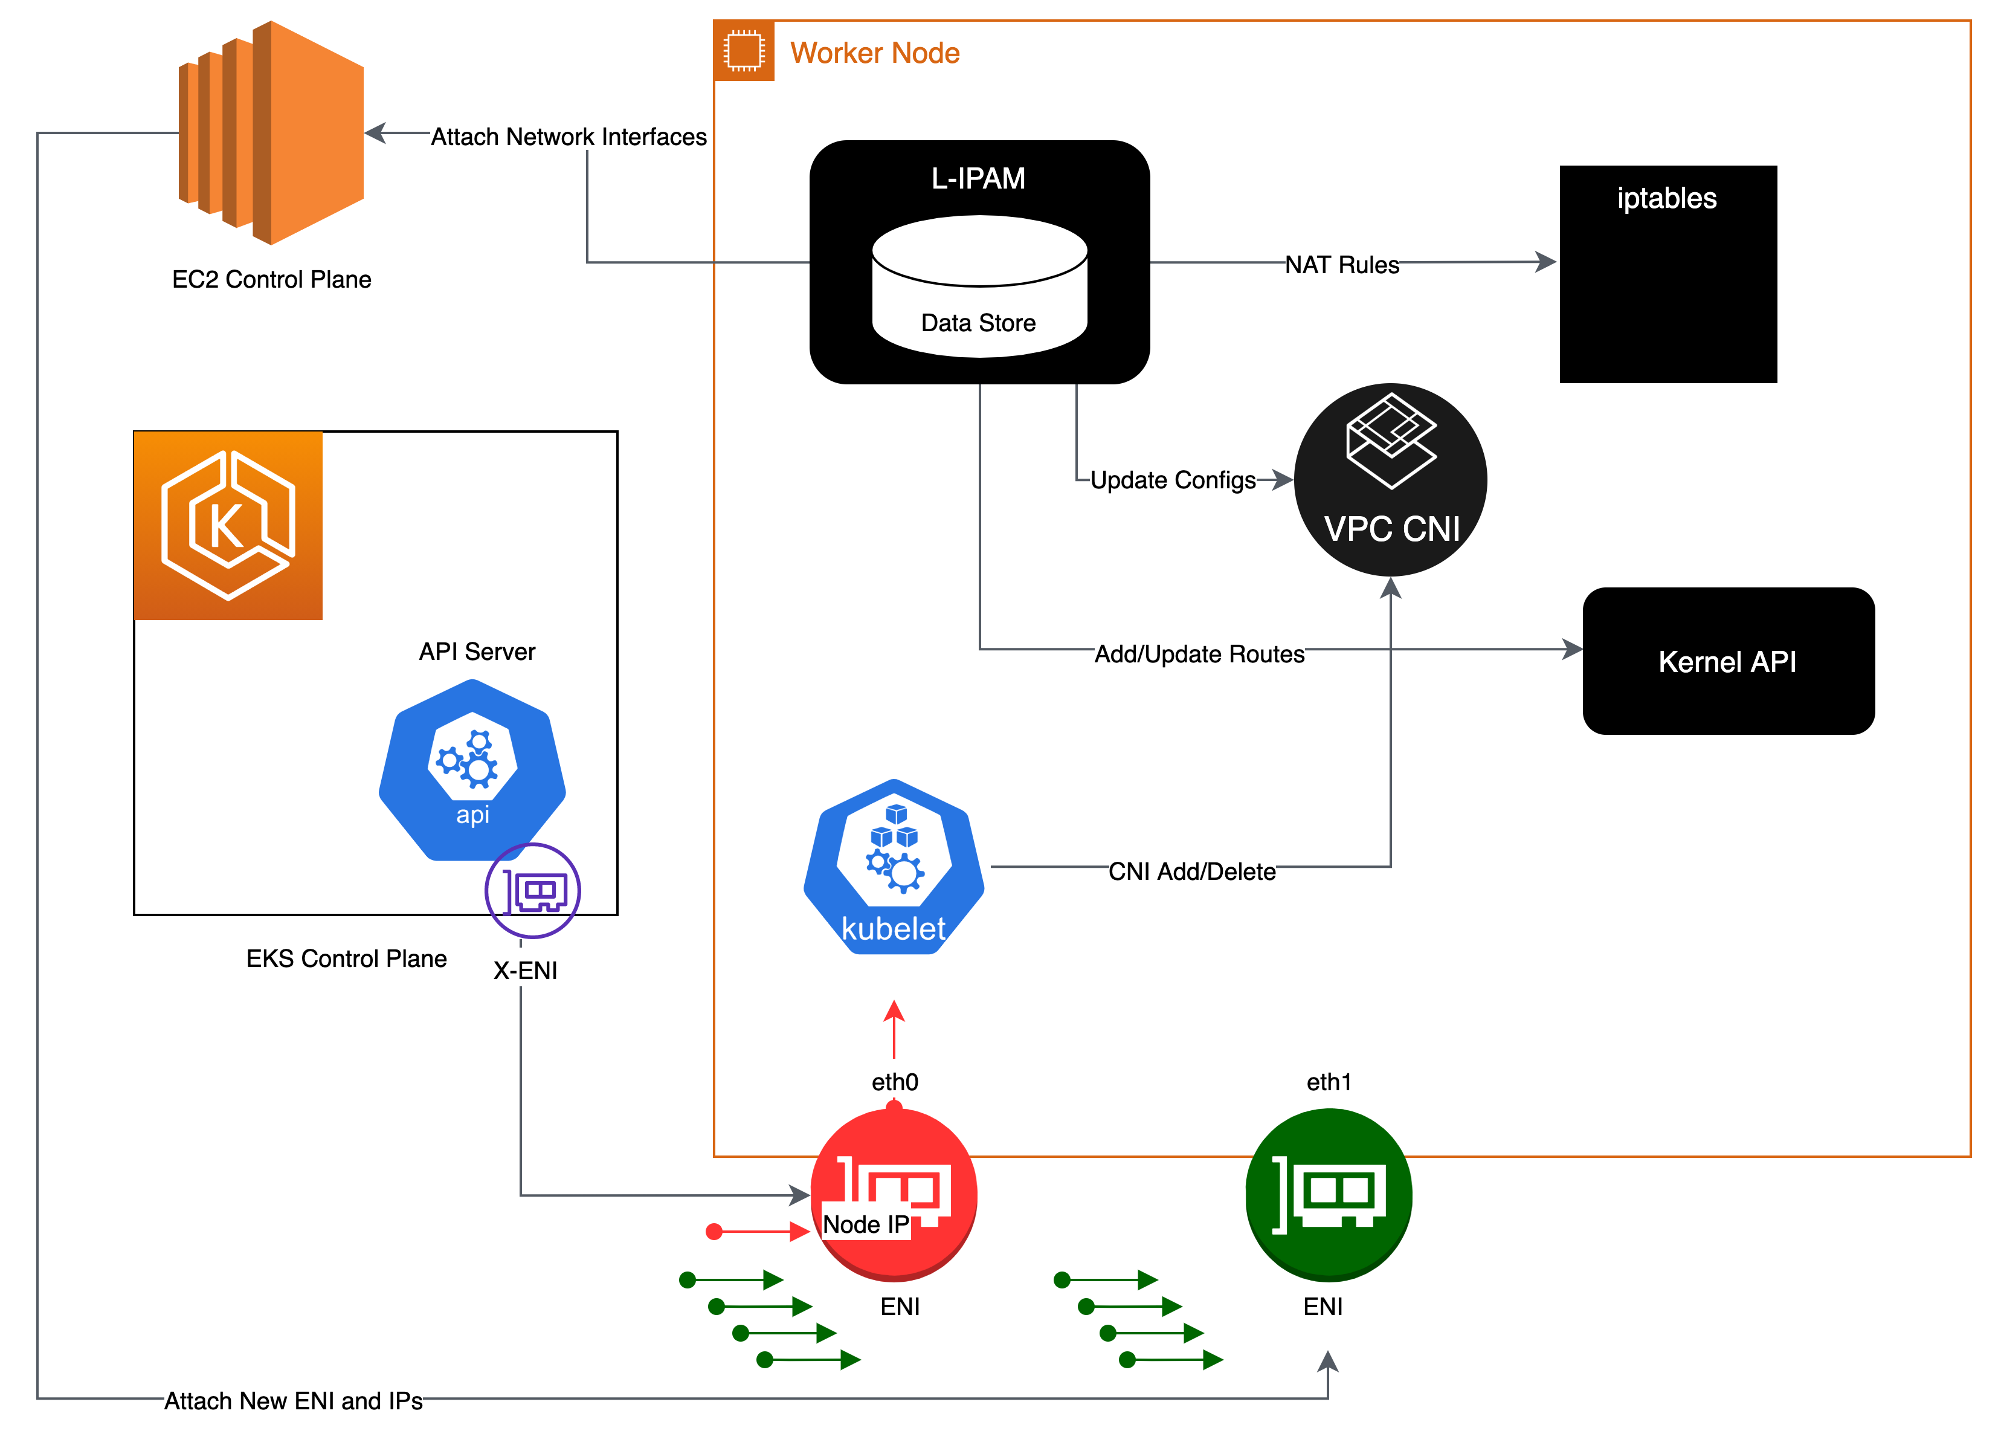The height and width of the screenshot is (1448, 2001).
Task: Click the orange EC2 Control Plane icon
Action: point(272,132)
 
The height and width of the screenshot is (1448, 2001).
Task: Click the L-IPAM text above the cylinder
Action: point(978,178)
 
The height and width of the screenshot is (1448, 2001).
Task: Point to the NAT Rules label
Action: point(1341,264)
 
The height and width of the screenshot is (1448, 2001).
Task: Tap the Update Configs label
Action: point(1173,479)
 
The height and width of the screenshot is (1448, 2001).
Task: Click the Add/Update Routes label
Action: point(1199,653)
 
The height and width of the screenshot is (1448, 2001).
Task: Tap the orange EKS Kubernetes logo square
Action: point(228,526)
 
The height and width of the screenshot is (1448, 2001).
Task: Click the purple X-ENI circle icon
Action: point(532,890)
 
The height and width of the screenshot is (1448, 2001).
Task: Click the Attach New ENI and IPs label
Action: point(293,1400)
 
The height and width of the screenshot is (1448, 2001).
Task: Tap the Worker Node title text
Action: point(874,53)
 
